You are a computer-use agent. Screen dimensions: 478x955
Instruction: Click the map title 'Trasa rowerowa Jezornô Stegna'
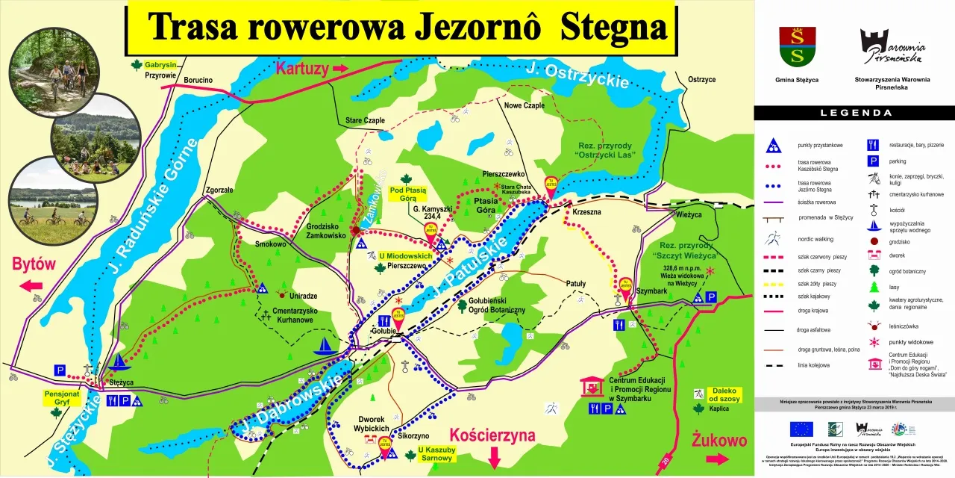pyautogui.click(x=406, y=27)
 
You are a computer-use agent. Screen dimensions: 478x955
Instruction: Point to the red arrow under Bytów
pyautogui.click(x=31, y=286)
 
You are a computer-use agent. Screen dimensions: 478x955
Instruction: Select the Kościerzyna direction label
pyautogui.click(x=493, y=435)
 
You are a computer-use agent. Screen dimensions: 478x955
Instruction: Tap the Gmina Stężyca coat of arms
pyautogui.click(x=797, y=46)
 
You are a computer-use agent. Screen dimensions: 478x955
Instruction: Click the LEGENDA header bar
pyautogui.click(x=855, y=113)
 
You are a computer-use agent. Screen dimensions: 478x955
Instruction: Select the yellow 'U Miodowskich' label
pyautogui.click(x=407, y=255)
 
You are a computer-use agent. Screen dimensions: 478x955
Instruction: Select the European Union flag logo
pyautogui.click(x=802, y=429)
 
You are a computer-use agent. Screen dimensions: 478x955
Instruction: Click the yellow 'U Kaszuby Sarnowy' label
pyautogui.click(x=436, y=453)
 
